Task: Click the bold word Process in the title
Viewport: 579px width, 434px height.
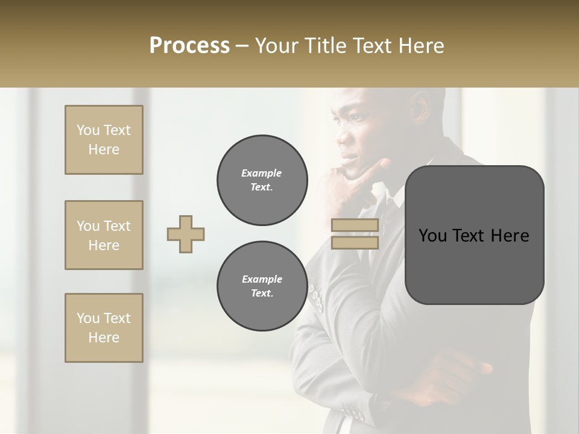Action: (189, 46)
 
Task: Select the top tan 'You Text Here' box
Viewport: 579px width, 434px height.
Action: (104, 140)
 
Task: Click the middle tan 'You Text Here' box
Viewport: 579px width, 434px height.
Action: (104, 235)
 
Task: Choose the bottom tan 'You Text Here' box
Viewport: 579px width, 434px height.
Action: (104, 328)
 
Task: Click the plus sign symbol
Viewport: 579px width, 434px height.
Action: (186, 234)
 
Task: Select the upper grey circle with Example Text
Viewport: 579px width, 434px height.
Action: (262, 180)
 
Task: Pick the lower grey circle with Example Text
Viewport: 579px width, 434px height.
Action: (262, 286)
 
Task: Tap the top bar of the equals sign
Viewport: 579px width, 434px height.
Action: (355, 225)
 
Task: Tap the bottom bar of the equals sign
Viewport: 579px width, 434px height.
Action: (355, 242)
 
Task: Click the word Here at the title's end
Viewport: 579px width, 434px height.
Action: (422, 46)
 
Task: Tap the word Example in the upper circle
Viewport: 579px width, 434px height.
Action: (262, 173)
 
